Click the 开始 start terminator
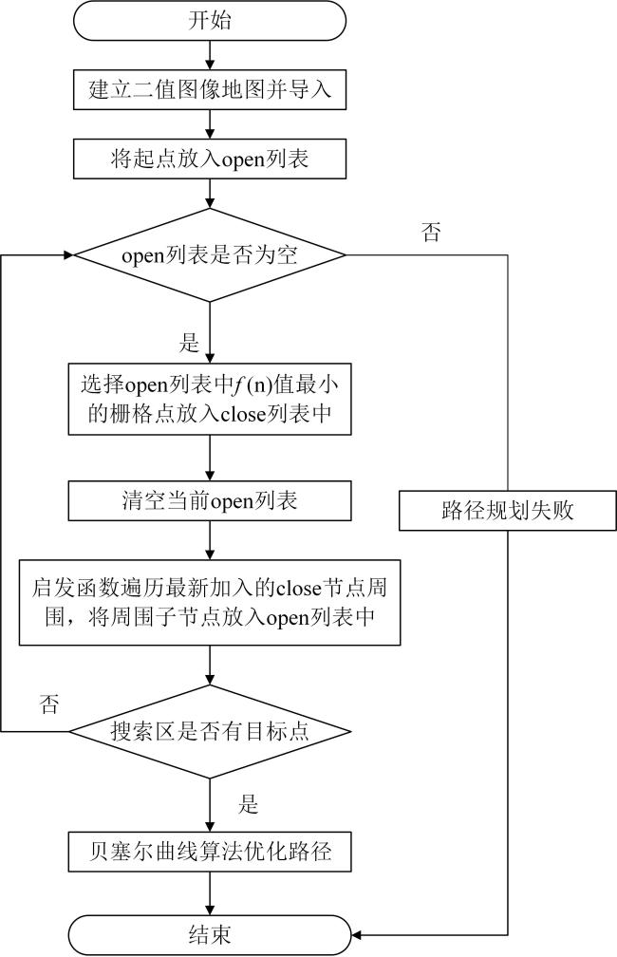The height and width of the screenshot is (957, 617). pos(210,20)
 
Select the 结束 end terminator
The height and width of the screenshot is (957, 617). pos(210,934)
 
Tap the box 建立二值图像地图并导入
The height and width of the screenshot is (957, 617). pos(210,89)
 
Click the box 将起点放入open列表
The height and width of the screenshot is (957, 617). pos(210,159)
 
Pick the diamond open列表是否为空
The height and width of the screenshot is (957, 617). pos(210,255)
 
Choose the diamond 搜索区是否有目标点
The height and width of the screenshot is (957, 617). pos(210,731)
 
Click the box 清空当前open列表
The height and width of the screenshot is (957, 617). pos(210,500)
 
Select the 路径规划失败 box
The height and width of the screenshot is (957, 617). pos(508,510)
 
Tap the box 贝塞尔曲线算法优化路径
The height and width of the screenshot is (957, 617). pos(210,851)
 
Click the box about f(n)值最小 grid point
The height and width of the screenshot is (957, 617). pos(210,399)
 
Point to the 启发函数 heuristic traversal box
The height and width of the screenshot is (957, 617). pos(210,602)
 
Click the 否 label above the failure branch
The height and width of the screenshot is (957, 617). pos(431,232)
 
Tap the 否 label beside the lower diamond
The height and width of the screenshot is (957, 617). pos(49,704)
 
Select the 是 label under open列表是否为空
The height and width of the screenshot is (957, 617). pos(189,343)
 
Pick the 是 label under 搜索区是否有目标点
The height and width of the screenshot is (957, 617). pos(249,804)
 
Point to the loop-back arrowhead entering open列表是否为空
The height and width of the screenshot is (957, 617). pos(67,255)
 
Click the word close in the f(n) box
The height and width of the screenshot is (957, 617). pos(243,414)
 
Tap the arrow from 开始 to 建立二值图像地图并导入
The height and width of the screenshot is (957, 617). pos(210,55)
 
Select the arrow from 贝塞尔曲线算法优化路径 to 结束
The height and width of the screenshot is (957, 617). pos(210,892)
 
